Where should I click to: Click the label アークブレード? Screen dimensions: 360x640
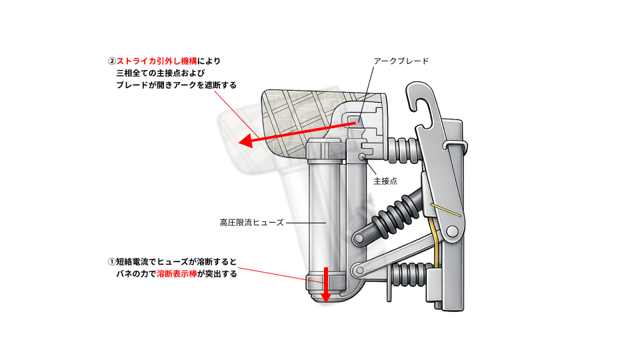[x=401, y=61]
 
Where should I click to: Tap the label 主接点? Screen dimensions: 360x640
[x=385, y=181]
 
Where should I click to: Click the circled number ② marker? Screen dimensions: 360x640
[x=111, y=61]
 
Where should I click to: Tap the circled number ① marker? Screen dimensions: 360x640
[x=111, y=261]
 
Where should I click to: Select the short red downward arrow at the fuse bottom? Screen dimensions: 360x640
[x=326, y=283]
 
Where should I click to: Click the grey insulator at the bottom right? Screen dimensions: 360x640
[x=407, y=273]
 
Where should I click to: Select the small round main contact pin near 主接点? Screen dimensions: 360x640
[x=361, y=157]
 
